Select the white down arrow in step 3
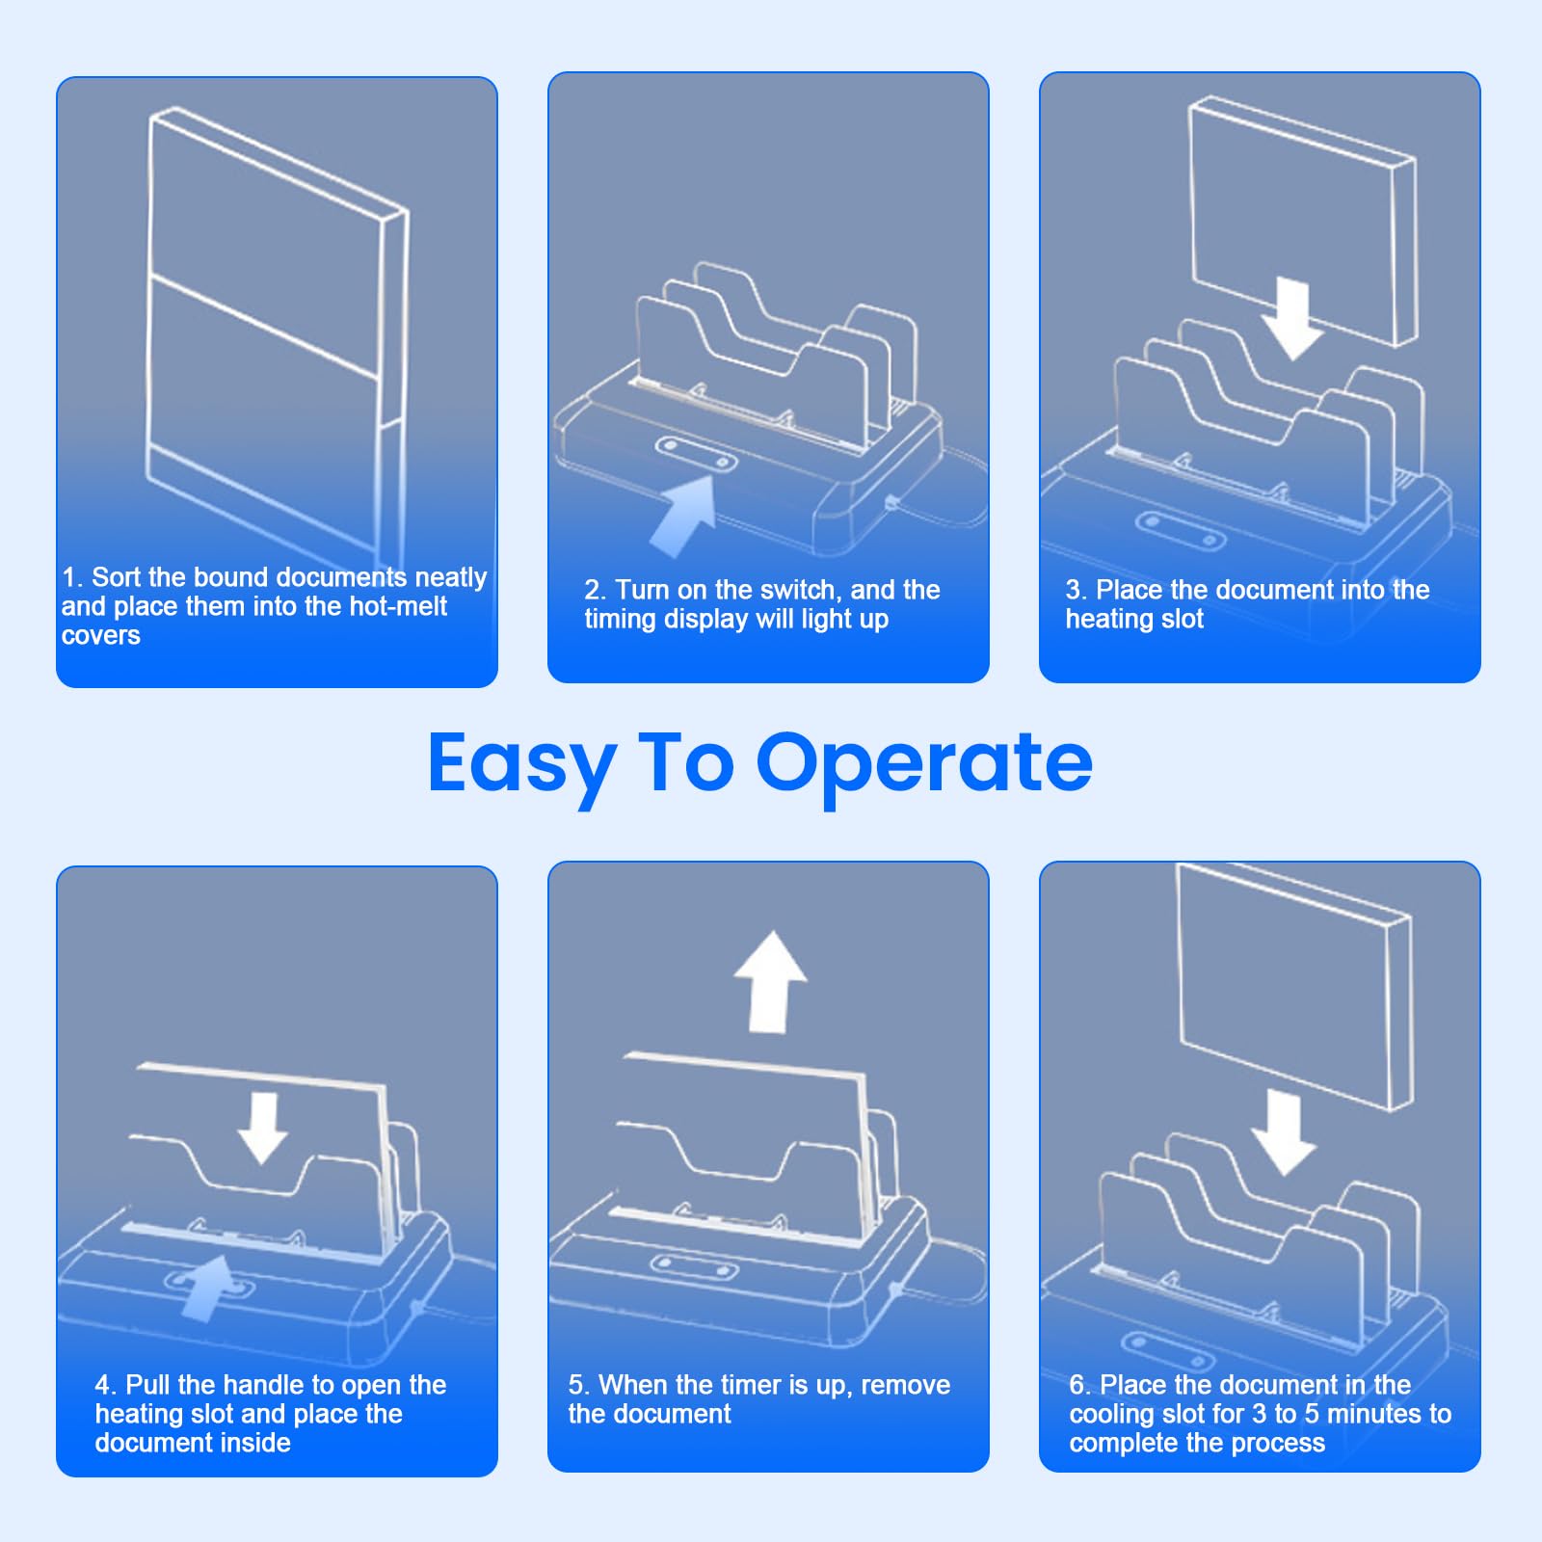pyautogui.click(x=1291, y=319)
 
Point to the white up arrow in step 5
pyautogui.click(x=770, y=982)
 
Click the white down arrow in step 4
pyautogui.click(x=263, y=1128)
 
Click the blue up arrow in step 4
pyautogui.click(x=209, y=1288)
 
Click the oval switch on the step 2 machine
pyautogui.click(x=696, y=455)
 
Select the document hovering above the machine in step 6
pyautogui.click(x=1294, y=986)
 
